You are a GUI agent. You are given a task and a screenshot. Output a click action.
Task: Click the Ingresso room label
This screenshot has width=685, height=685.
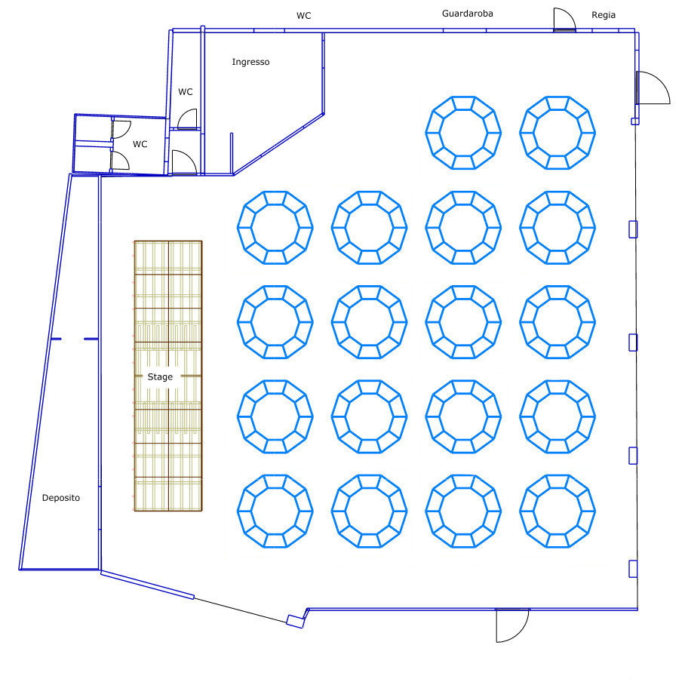[x=250, y=62]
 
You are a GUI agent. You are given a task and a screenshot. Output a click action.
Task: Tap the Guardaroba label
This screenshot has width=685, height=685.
[x=468, y=14]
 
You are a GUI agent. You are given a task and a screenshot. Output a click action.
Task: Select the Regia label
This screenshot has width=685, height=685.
[x=604, y=15]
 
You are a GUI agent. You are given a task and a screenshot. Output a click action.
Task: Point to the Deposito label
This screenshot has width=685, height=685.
[x=60, y=498]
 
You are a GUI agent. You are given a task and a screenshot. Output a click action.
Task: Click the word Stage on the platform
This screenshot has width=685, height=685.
[x=160, y=377]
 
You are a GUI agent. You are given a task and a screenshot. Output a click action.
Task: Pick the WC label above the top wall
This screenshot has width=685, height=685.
[x=303, y=16]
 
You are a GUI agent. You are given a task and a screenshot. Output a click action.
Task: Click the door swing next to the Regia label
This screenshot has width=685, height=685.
[x=564, y=20]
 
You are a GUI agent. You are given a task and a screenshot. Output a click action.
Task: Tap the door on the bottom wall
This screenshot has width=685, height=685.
[x=512, y=625]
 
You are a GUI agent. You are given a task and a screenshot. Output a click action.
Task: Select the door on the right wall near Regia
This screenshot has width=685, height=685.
[x=653, y=88]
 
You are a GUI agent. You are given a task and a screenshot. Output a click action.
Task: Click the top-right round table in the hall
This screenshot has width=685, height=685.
[x=558, y=133]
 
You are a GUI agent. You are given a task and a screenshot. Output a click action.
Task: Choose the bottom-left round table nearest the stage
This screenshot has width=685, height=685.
[x=275, y=511]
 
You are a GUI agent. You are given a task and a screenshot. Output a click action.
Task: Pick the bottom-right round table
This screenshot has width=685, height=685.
[x=558, y=511]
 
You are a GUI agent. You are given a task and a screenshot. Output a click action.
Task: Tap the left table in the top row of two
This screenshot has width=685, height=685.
[x=463, y=133]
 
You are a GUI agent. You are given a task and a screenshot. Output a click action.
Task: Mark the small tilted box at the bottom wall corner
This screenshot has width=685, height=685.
[x=295, y=622]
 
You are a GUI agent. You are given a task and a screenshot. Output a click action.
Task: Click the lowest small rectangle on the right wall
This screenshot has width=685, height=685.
[x=633, y=569]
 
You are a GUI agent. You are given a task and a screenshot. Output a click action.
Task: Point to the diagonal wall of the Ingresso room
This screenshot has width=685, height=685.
[x=278, y=145]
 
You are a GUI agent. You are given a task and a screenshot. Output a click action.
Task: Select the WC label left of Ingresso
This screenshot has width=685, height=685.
[x=186, y=92]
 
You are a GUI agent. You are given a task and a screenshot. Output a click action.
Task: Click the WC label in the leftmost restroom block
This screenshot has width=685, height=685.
[x=140, y=144]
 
